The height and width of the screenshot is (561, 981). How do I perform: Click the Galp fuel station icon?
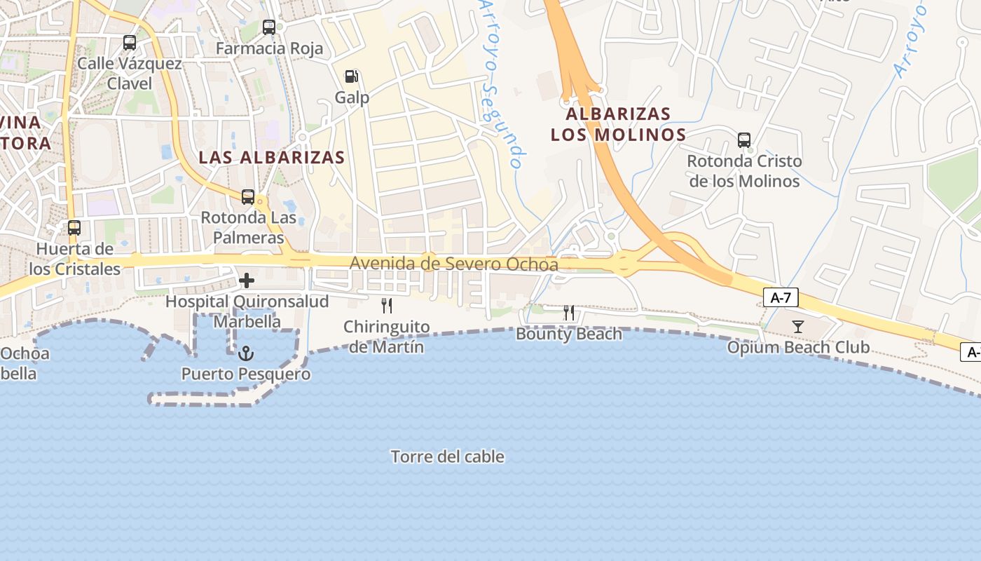352,76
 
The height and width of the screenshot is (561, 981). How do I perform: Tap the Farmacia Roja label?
270,48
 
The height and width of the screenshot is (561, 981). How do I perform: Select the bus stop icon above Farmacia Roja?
269,27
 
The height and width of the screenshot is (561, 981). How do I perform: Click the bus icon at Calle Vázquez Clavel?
130,43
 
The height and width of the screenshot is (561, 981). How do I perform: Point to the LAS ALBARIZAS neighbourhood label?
272,157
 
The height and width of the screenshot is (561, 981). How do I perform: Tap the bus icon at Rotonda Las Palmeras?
248,197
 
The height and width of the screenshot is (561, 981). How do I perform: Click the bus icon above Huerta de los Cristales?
74,228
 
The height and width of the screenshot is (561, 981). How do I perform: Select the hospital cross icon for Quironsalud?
247,281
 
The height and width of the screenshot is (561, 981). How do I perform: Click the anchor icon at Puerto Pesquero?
245,353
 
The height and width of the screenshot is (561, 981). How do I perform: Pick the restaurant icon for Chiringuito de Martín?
386,306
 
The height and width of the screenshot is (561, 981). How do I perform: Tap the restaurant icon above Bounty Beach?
569,313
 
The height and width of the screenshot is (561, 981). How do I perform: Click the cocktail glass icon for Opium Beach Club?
798,327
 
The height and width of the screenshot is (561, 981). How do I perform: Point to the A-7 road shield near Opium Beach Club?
781,298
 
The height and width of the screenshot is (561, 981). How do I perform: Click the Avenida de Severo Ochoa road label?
454,264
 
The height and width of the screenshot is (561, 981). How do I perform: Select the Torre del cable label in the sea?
448,457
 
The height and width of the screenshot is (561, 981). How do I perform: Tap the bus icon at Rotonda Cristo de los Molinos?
744,140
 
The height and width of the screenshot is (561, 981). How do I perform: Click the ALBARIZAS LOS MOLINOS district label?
618,123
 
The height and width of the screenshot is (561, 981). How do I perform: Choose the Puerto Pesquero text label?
246,374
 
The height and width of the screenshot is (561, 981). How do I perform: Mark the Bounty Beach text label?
569,334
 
